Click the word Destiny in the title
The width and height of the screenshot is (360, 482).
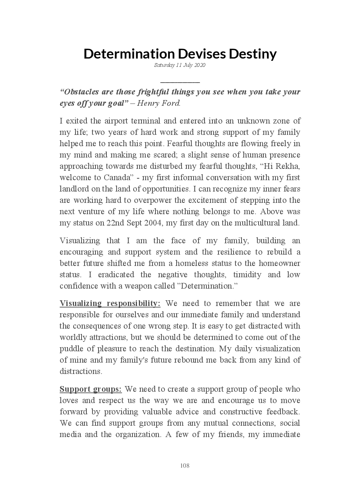pyautogui.click(x=253, y=54)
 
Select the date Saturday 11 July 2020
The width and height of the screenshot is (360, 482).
pyautogui.click(x=180, y=65)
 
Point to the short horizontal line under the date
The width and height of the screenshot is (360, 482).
pyautogui.click(x=180, y=82)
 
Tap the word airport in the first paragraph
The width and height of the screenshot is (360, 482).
pyautogui.click(x=115, y=121)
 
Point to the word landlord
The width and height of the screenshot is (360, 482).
pyautogui.click(x=74, y=189)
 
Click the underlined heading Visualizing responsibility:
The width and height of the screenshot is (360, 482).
pyautogui.click(x=110, y=304)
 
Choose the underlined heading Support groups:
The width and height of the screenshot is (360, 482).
pyautogui.click(x=91, y=389)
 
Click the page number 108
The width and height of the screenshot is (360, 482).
pyautogui.click(x=185, y=466)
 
